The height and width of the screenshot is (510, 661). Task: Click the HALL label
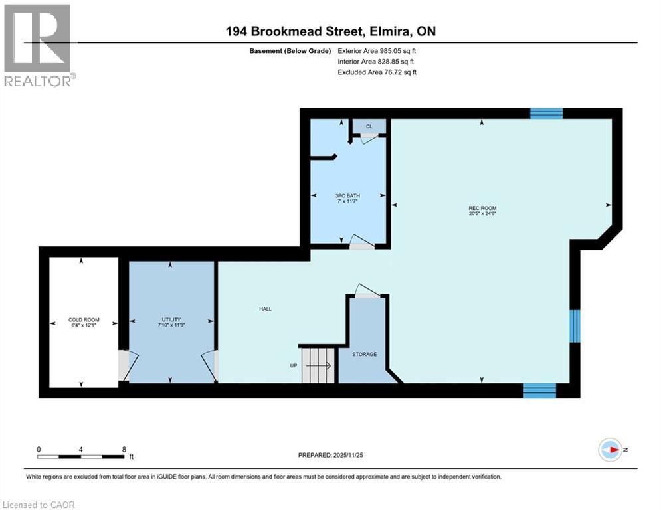click(x=265, y=309)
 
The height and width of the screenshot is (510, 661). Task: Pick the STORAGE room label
click(x=364, y=354)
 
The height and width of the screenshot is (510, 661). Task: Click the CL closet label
click(x=369, y=126)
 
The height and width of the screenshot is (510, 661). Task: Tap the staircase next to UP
click(x=318, y=365)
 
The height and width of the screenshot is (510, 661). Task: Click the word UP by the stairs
click(x=292, y=365)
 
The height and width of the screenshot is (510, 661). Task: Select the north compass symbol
click(x=609, y=450)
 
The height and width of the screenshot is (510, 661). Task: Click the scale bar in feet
click(x=80, y=456)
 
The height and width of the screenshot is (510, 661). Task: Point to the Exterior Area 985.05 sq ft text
click(x=377, y=50)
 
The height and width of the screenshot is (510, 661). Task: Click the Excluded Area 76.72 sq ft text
click(x=377, y=72)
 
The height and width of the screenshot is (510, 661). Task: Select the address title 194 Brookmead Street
click(x=330, y=31)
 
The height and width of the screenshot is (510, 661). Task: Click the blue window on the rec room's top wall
click(x=546, y=113)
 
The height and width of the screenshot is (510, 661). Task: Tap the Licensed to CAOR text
click(x=39, y=505)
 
